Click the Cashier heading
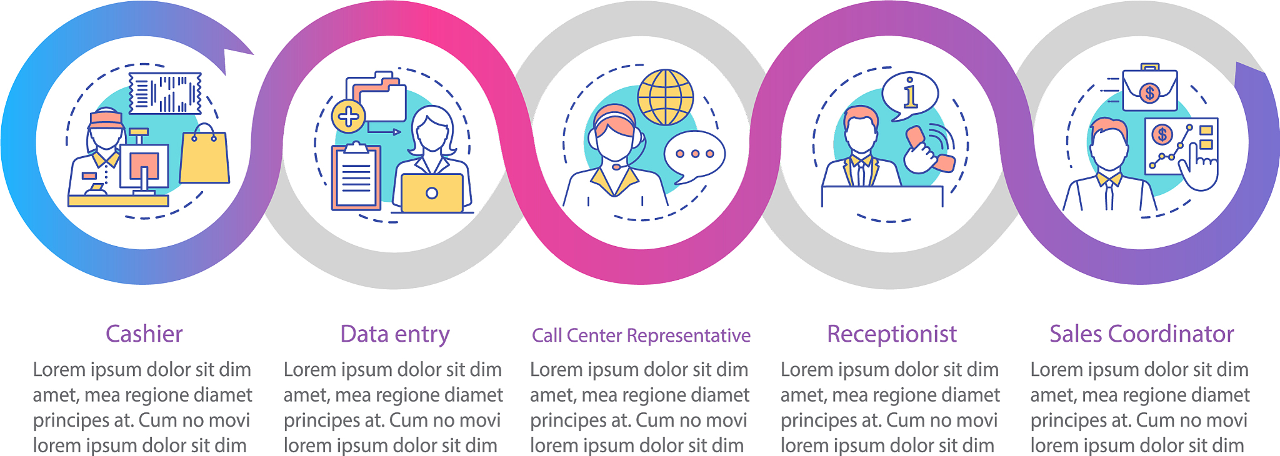click(144, 334)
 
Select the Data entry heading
click(395, 334)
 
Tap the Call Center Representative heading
click(641, 335)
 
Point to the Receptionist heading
click(892, 334)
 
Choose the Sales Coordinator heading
click(1141, 334)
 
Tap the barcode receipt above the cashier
click(165, 93)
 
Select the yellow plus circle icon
click(348, 116)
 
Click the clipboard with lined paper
click(356, 177)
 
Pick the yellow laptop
click(432, 193)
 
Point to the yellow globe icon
click(666, 97)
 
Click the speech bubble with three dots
click(694, 154)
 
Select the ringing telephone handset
click(930, 150)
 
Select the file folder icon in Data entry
click(381, 100)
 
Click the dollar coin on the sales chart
click(1162, 134)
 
